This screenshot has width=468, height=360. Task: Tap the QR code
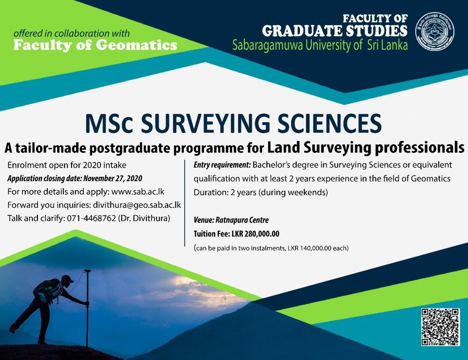[x=440, y=327]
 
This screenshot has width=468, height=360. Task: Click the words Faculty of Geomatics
[x=95, y=45]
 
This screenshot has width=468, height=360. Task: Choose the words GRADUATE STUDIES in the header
[x=334, y=31]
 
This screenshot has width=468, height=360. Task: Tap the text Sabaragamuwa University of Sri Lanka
[x=320, y=45]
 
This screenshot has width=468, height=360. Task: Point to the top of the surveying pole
[x=87, y=271]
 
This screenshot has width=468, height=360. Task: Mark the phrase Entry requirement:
[x=222, y=165]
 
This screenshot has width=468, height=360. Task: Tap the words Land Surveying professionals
[x=366, y=147]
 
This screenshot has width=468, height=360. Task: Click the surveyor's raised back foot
[x=13, y=329]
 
